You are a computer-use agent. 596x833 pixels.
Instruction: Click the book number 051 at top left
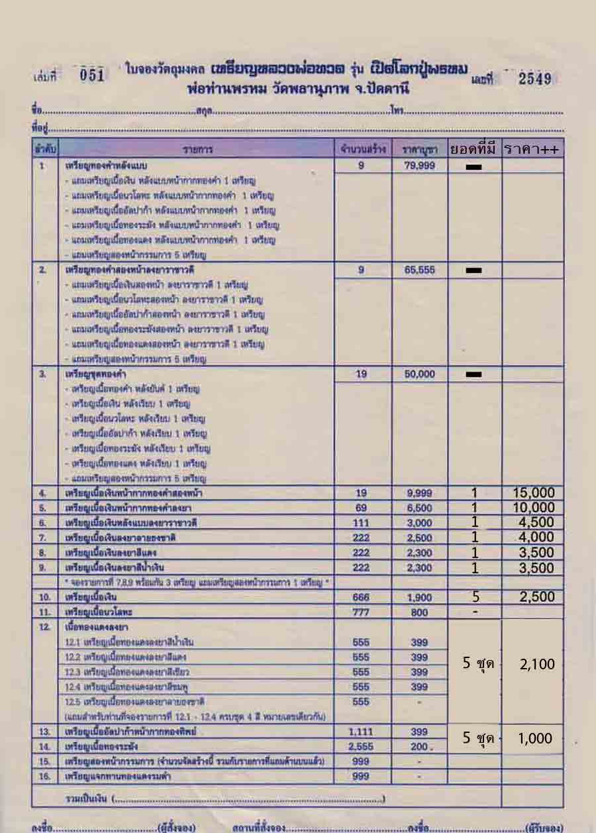click(x=92, y=76)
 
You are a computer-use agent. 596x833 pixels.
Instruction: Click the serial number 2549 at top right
click(x=535, y=79)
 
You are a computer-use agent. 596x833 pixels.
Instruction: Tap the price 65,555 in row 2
click(x=419, y=270)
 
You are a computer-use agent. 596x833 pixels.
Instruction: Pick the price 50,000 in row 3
click(x=419, y=374)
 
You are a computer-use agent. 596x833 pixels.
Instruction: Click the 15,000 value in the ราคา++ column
click(x=533, y=493)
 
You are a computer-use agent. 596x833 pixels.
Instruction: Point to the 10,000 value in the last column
click(x=533, y=508)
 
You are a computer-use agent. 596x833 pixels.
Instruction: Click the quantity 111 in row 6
click(x=361, y=524)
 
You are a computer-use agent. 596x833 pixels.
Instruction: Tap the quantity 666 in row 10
click(x=361, y=598)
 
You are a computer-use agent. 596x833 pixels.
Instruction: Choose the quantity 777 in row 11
click(x=361, y=613)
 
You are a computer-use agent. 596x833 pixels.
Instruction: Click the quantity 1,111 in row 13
click(x=361, y=732)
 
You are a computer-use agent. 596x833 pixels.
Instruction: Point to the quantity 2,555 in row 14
click(x=361, y=747)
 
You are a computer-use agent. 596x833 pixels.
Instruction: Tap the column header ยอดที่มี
click(x=474, y=149)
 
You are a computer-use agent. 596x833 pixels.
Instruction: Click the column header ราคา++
click(x=532, y=149)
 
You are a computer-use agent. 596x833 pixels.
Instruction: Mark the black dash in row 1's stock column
click(x=473, y=167)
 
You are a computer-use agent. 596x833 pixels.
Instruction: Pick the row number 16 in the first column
click(x=44, y=776)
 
